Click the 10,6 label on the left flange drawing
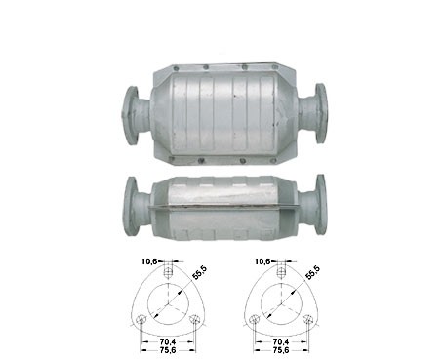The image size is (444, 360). (149, 260)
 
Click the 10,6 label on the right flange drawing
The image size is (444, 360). (262, 260)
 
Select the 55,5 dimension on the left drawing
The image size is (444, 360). (199, 273)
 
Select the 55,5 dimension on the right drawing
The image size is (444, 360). (312, 273)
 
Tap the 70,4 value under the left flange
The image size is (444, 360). (168, 341)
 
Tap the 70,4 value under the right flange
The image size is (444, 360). (281, 341)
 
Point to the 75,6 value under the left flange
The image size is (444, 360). (168, 350)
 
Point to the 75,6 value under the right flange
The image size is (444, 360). (281, 350)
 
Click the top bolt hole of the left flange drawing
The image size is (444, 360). (168, 272)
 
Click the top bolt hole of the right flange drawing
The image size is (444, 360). (281, 272)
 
